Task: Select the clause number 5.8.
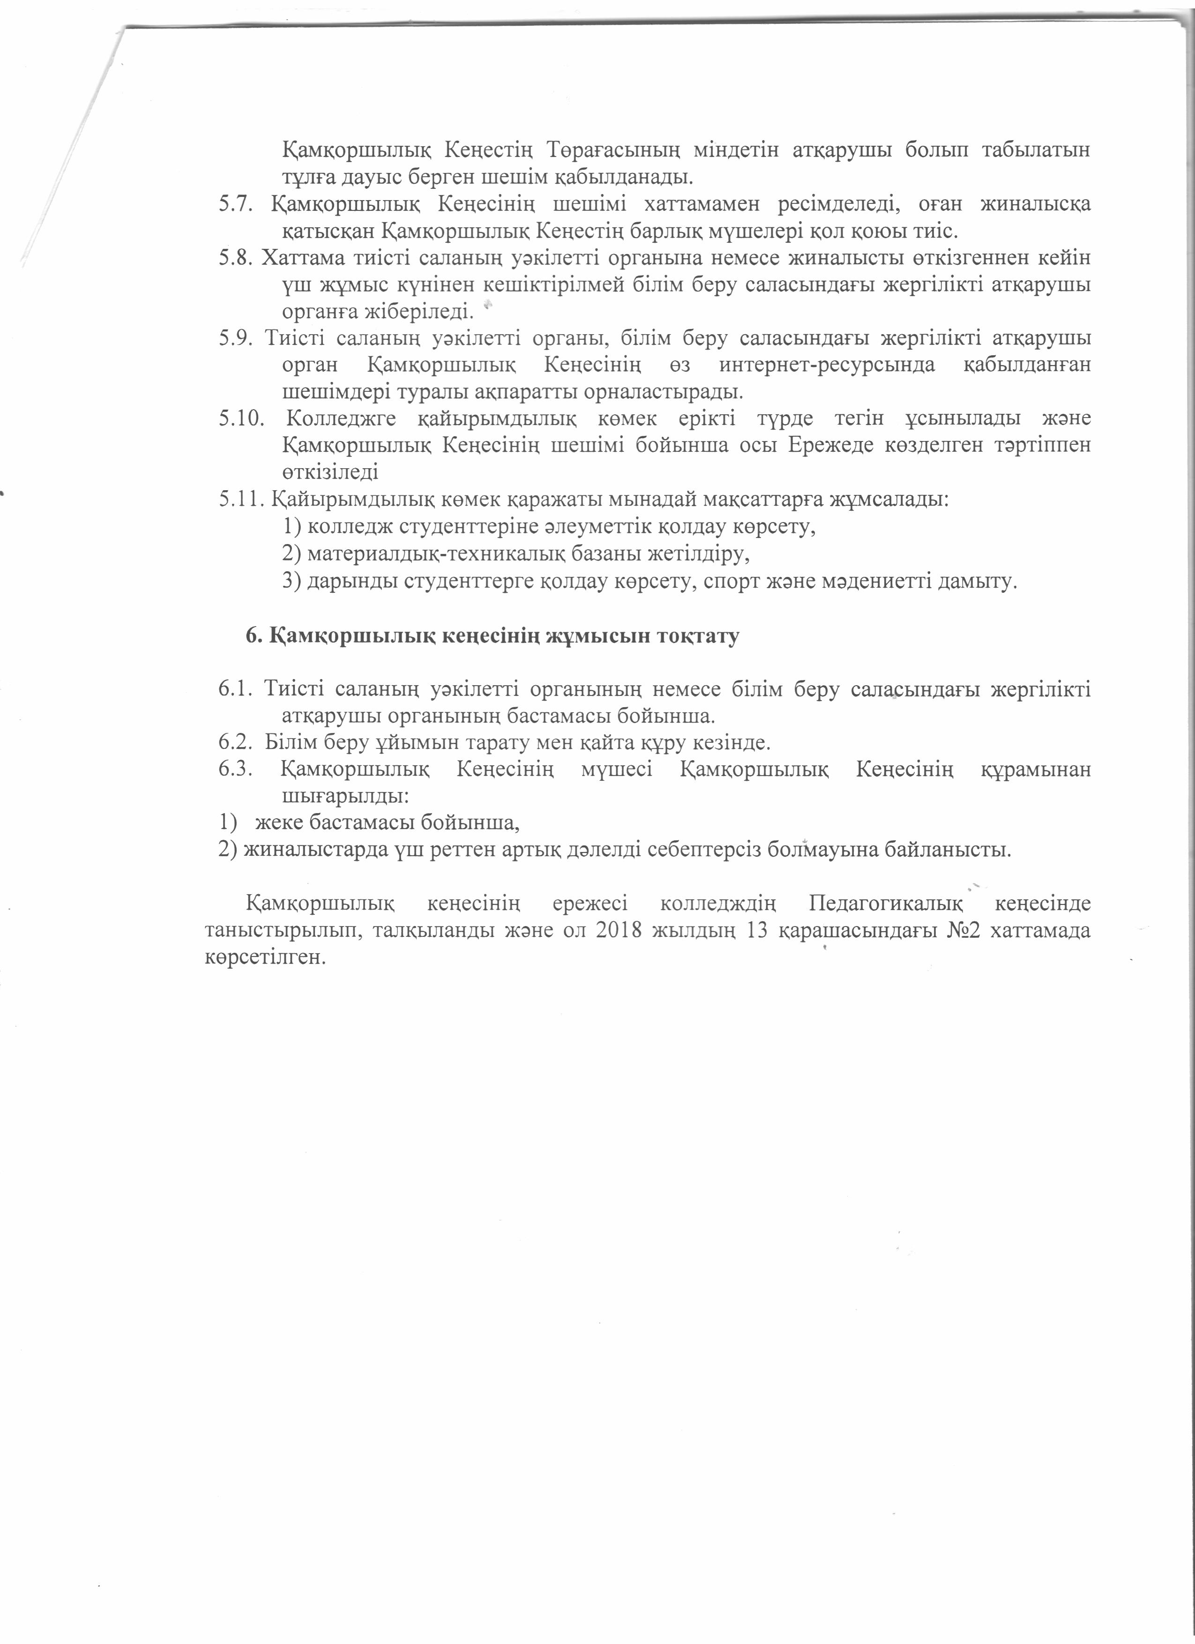point(236,259)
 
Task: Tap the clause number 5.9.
point(236,338)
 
